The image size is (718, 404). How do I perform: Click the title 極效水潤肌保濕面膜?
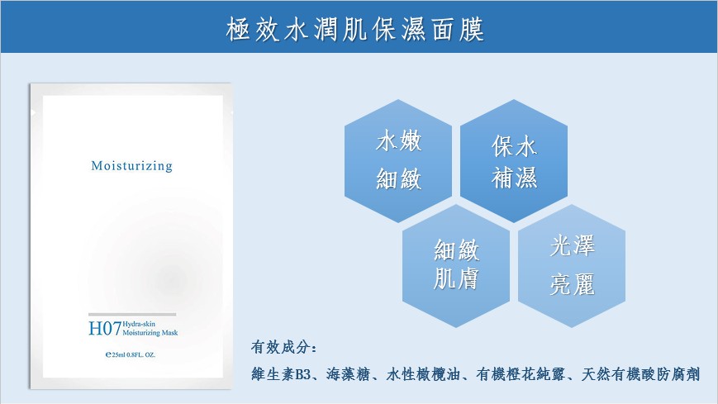pos(355,30)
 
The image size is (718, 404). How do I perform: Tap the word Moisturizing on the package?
pos(132,166)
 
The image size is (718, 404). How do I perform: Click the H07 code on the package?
pos(105,329)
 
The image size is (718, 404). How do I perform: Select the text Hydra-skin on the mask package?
pos(139,324)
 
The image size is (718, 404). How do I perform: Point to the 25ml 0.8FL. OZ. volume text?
pos(131,354)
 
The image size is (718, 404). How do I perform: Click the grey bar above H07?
pos(132,314)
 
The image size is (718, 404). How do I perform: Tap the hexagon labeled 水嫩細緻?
pos(398,161)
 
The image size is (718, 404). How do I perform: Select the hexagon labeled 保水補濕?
pos(514,161)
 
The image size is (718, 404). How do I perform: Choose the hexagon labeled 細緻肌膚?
pos(456,266)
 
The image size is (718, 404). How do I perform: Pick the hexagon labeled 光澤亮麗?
pos(572,266)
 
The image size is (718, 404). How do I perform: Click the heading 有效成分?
pos(283,347)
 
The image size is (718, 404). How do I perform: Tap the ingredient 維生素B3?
pos(281,374)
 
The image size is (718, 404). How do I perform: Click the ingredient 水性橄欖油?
pos(423,374)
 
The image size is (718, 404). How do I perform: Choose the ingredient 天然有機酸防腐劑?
pos(640,374)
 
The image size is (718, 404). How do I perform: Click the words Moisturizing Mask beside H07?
pos(150,333)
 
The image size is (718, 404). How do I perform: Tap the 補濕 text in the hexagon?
pos(514,178)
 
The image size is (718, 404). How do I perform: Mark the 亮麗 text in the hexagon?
pos(572,284)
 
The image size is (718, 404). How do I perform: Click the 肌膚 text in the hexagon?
pos(456,278)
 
